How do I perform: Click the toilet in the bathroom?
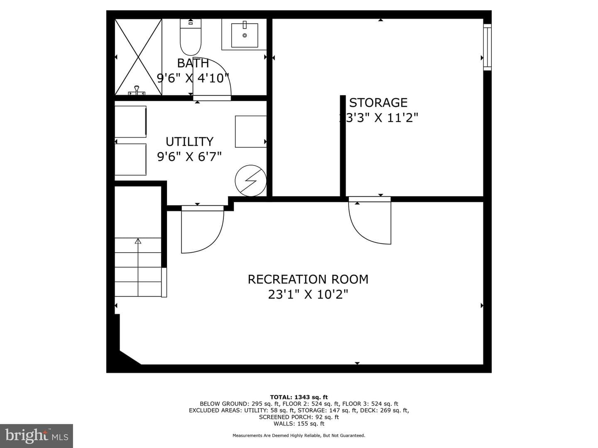click(x=191, y=37)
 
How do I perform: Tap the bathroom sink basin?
click(x=244, y=35)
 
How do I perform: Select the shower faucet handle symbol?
click(x=137, y=90)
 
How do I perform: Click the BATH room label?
click(x=193, y=63)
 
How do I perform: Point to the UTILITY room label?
click(x=189, y=141)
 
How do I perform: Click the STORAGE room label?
click(x=378, y=102)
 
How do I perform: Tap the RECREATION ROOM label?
click(x=308, y=279)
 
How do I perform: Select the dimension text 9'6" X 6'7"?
click(x=189, y=156)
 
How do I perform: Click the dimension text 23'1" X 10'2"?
click(x=308, y=295)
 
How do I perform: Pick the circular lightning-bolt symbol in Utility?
click(x=250, y=180)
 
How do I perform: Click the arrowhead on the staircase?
click(x=138, y=241)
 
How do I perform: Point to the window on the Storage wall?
click(x=487, y=47)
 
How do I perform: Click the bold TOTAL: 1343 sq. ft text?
click(x=299, y=397)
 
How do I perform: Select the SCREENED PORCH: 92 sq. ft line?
click(x=299, y=417)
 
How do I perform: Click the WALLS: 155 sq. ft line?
click(x=299, y=424)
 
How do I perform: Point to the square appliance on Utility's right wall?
click(x=251, y=131)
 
